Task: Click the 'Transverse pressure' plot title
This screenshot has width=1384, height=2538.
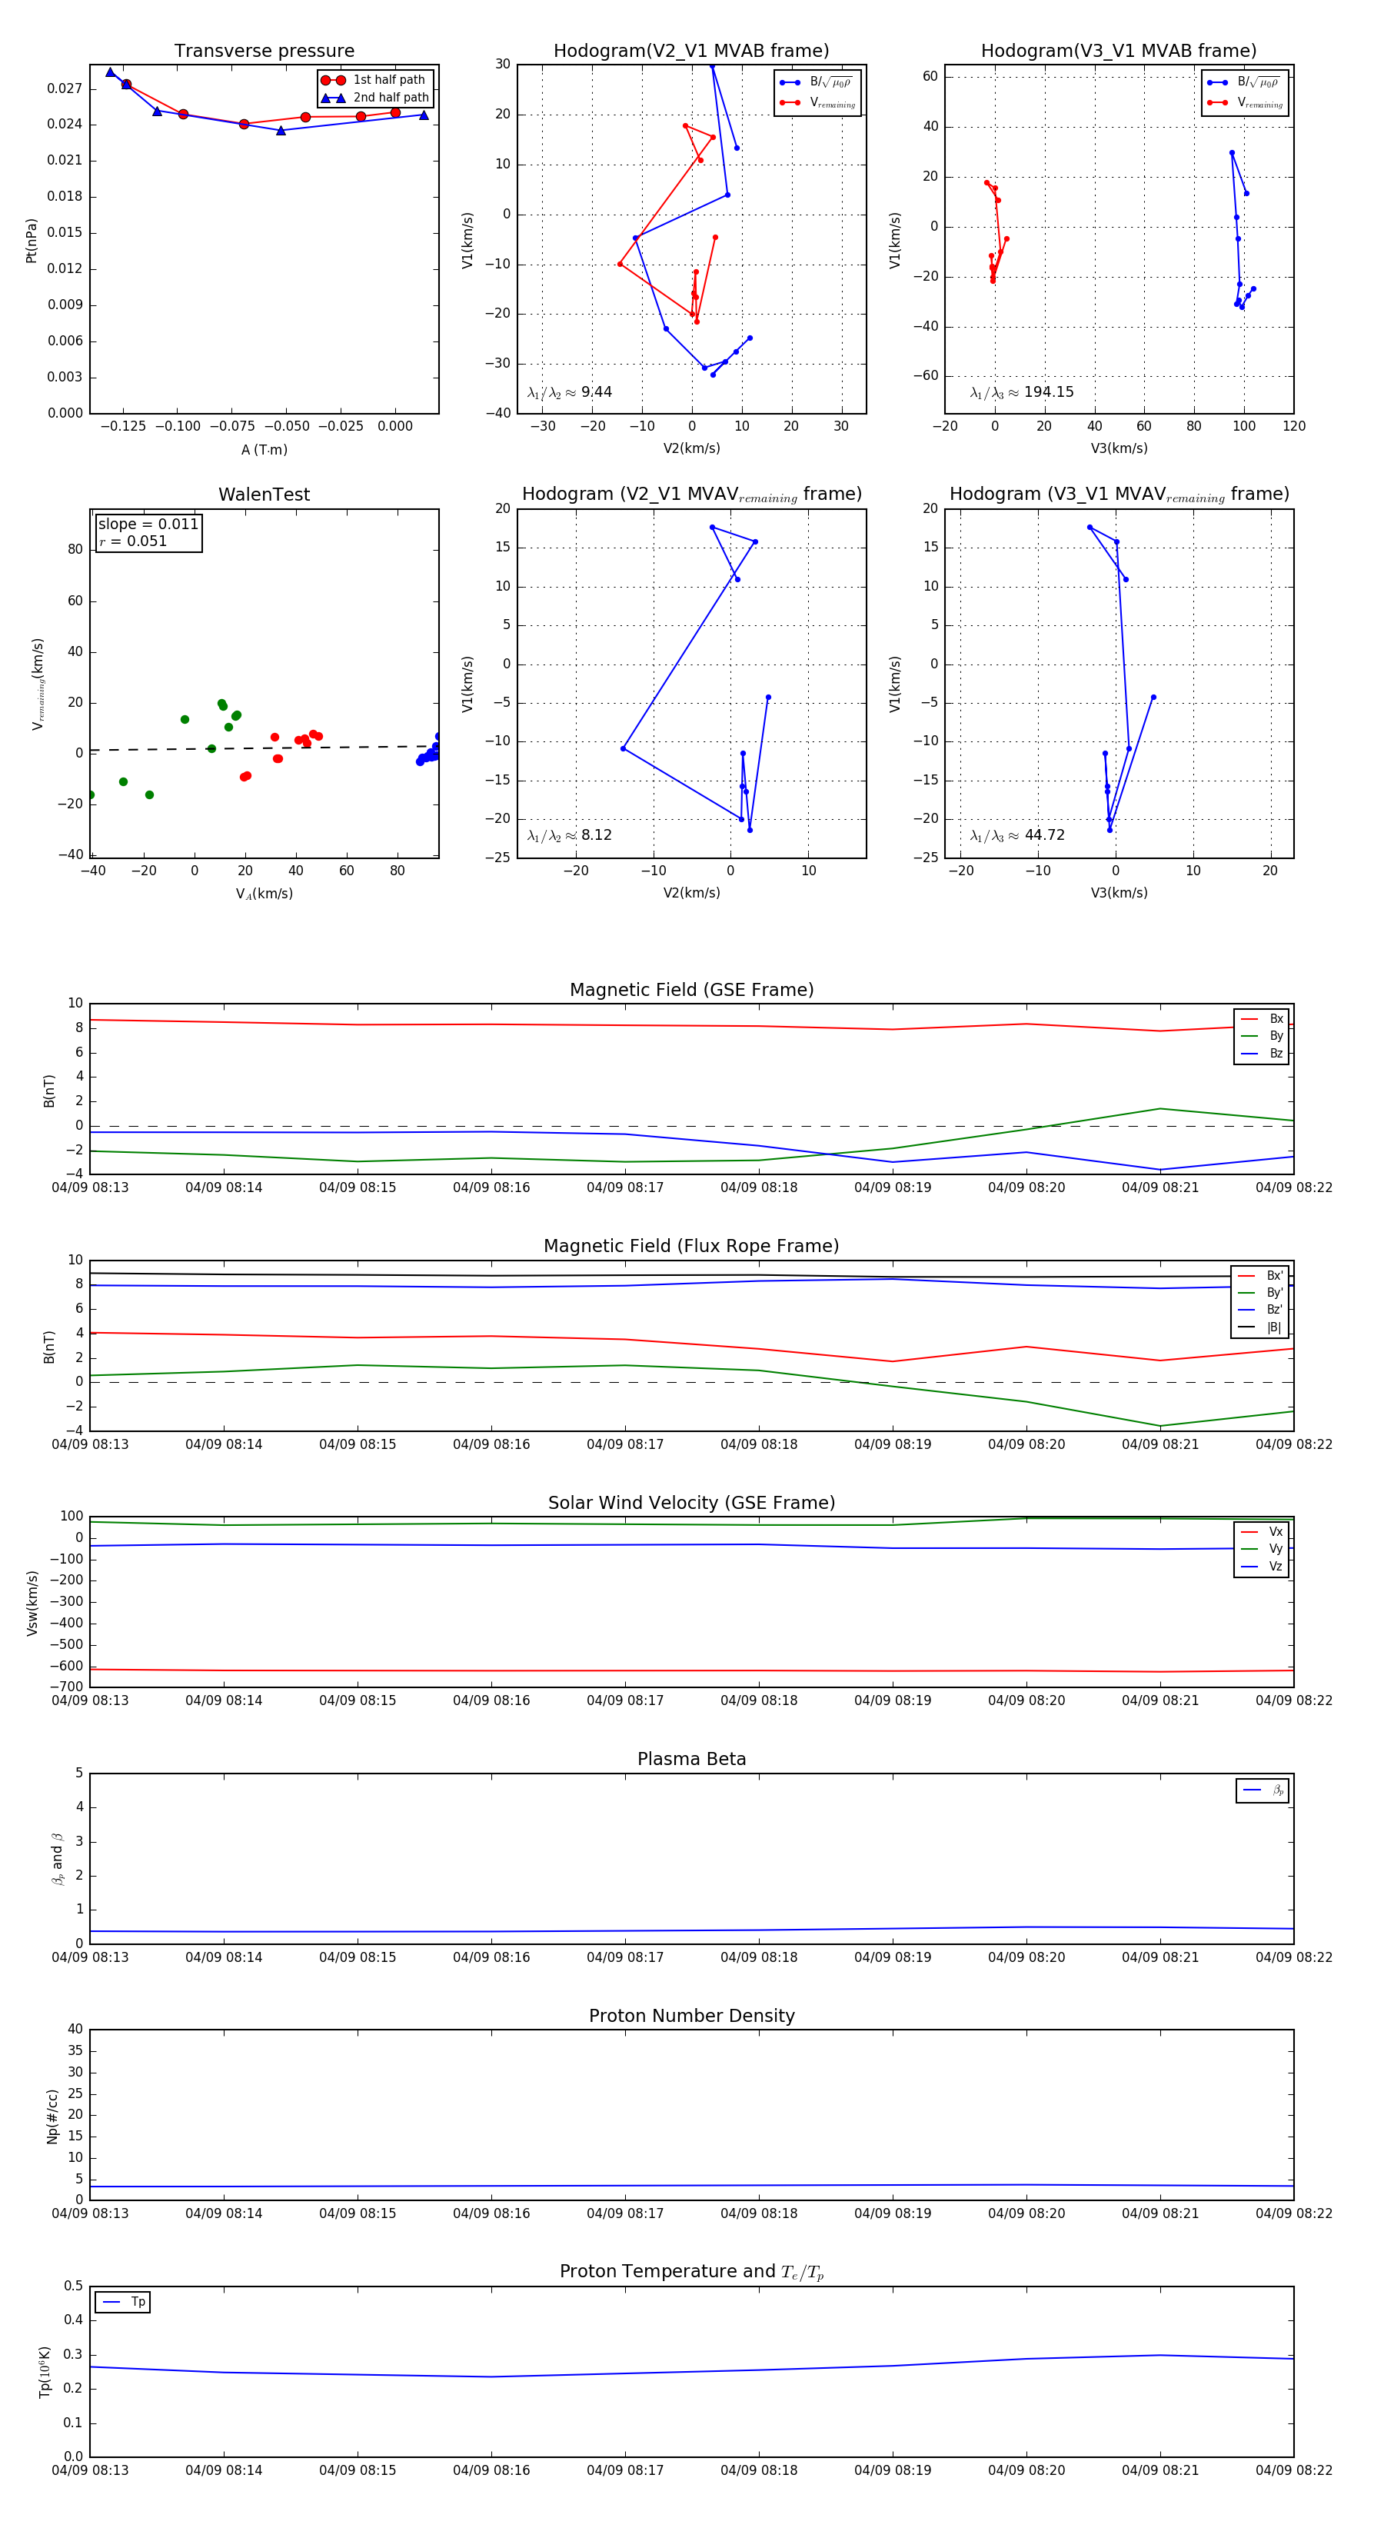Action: point(264,52)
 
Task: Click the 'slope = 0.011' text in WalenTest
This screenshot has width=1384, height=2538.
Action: point(148,525)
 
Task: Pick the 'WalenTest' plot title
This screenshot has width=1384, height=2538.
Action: point(264,495)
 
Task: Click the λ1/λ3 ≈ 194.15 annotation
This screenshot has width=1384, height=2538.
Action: point(1022,392)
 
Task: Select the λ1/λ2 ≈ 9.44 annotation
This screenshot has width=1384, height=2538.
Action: point(569,392)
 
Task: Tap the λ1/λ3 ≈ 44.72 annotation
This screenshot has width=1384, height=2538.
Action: point(1017,835)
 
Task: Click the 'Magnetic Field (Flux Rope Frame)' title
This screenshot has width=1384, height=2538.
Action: point(691,1247)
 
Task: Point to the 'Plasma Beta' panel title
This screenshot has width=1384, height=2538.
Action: point(691,1759)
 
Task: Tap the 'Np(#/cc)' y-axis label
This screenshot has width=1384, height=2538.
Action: point(52,2117)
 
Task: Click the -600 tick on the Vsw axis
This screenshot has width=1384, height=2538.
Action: point(66,1666)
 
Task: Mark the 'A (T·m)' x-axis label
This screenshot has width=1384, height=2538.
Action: point(264,449)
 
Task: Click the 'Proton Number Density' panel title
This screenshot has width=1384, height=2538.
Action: point(691,2016)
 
